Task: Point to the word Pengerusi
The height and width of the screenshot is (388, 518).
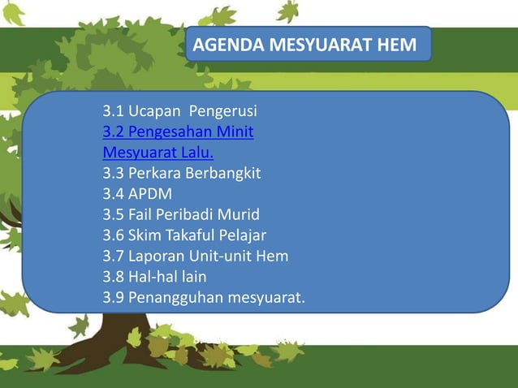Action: [223, 110]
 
